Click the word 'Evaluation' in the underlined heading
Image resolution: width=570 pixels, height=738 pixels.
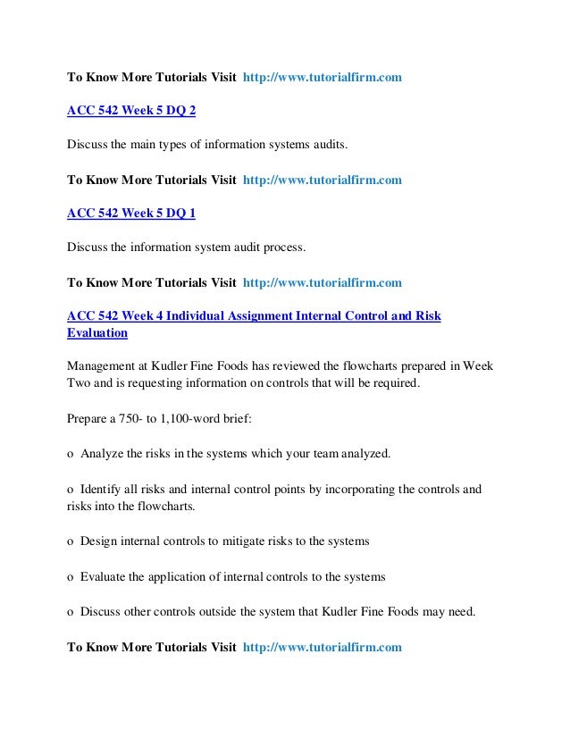[97, 332]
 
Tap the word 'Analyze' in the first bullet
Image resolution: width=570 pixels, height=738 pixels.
[102, 453]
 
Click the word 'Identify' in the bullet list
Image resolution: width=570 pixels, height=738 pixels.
[101, 490]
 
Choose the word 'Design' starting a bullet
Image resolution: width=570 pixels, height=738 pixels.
[99, 541]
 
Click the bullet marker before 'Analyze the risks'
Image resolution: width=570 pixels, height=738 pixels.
[71, 454]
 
